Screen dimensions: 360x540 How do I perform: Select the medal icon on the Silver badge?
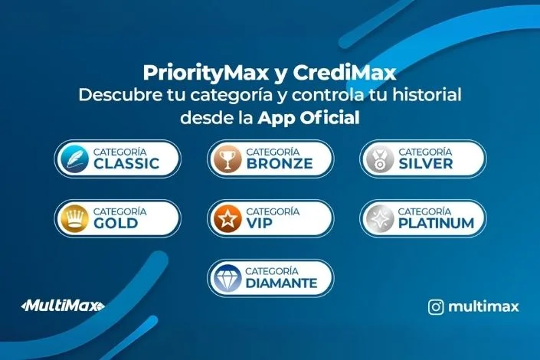pos(381,158)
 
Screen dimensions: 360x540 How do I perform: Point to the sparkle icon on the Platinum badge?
pos(381,218)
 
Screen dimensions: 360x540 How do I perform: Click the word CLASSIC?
pos(126,163)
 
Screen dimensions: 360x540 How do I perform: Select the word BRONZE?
pos(280,163)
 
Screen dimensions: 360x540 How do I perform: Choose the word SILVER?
pos(426,163)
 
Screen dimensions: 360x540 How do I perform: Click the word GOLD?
pos(116,223)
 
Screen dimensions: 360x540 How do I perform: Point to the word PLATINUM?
pos(436,223)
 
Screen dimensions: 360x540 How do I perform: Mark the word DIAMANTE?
pos(281,283)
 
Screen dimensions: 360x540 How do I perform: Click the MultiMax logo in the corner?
pos(62,306)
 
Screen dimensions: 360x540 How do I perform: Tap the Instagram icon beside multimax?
pos(436,307)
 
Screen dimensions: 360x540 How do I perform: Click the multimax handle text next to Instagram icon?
pos(484,307)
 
